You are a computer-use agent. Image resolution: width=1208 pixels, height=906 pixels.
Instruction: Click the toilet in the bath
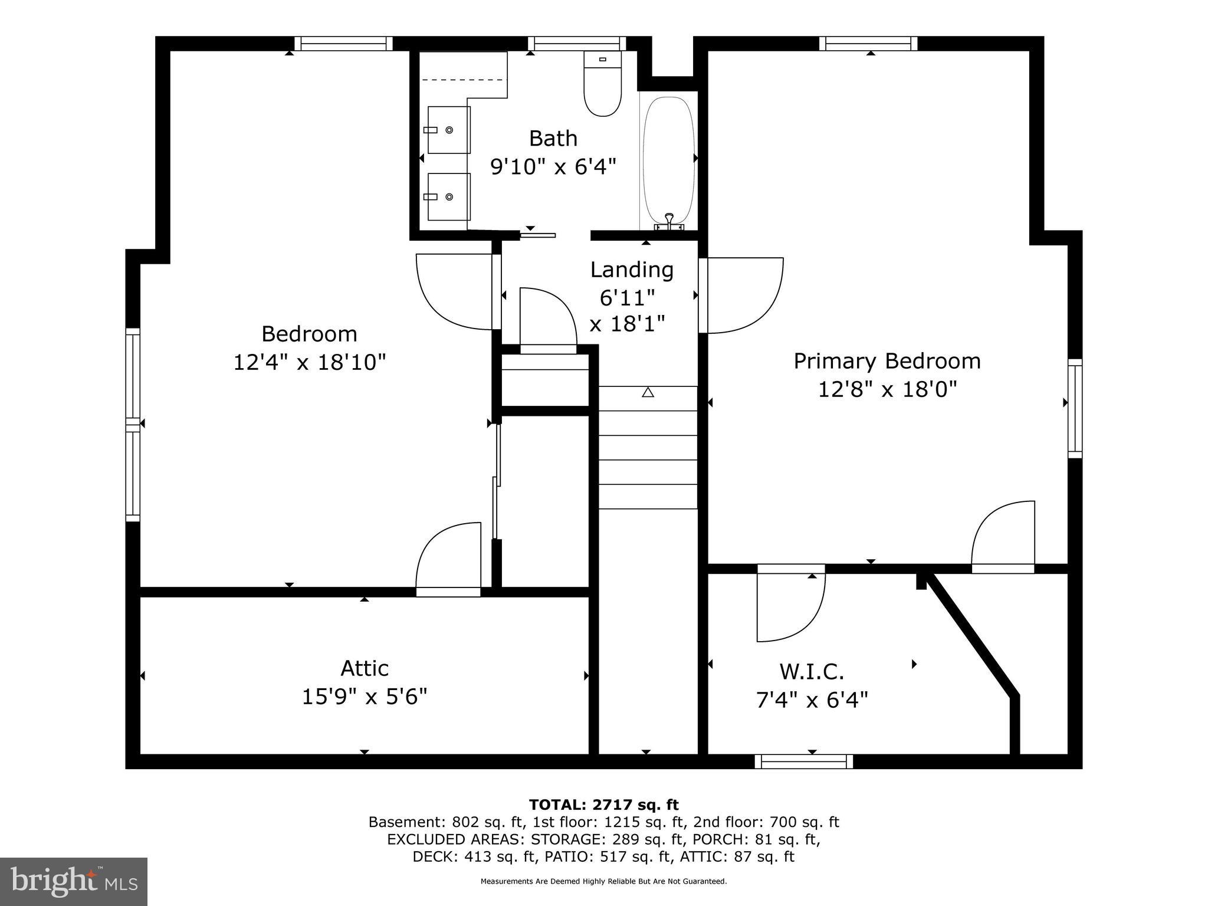tap(602, 84)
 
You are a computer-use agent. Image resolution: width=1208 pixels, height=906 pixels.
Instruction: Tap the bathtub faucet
tap(669, 221)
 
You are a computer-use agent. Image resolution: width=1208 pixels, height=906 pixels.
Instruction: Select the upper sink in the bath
tap(448, 130)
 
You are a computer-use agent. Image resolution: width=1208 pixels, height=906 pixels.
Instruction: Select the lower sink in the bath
tap(448, 196)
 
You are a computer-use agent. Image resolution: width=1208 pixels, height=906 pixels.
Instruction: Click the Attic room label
tap(365, 668)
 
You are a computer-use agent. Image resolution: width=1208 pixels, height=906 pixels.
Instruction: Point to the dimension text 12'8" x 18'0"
tap(887, 389)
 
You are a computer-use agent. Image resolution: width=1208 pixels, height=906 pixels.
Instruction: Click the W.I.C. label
tap(812, 671)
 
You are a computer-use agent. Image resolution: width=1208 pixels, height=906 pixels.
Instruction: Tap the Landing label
tap(632, 270)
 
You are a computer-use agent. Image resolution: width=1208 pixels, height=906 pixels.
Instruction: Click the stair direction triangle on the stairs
tap(648, 392)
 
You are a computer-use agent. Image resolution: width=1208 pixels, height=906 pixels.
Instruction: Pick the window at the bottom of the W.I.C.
tap(803, 761)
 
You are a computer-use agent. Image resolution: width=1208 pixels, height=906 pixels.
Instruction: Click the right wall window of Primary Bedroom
tap(1075, 408)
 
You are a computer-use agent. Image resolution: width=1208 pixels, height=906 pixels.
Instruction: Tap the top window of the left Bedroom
tap(343, 44)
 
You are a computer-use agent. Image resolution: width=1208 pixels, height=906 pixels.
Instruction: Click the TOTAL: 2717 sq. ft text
tap(603, 805)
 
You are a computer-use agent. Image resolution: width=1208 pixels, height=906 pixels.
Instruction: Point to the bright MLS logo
tap(73, 881)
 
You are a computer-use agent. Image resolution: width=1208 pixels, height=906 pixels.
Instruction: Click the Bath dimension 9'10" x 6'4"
tap(553, 167)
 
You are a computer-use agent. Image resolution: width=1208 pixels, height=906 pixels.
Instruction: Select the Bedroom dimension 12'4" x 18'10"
tap(310, 362)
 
